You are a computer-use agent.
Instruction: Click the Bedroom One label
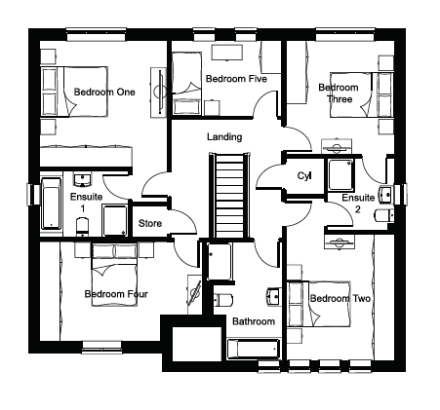(x=104, y=93)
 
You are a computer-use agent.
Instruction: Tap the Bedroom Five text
(x=236, y=79)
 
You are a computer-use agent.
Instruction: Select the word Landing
(x=224, y=137)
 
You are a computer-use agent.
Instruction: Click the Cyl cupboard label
(x=304, y=176)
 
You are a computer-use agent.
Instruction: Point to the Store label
(x=150, y=223)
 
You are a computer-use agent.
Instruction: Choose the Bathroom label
(x=254, y=321)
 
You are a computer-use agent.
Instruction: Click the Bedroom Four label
(x=116, y=294)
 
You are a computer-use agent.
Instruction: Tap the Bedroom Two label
(x=340, y=298)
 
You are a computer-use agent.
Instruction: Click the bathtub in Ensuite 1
(x=51, y=204)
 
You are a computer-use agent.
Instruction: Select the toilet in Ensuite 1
(x=82, y=227)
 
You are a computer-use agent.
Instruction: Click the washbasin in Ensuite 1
(x=82, y=179)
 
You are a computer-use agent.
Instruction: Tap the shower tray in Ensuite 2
(x=340, y=174)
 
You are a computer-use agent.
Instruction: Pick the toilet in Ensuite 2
(x=384, y=215)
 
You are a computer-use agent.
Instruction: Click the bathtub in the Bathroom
(x=254, y=350)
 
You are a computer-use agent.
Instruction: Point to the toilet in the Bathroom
(x=223, y=299)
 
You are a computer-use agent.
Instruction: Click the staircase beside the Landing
(x=229, y=196)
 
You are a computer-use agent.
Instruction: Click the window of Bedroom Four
(x=101, y=347)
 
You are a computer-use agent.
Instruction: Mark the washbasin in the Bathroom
(x=274, y=296)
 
